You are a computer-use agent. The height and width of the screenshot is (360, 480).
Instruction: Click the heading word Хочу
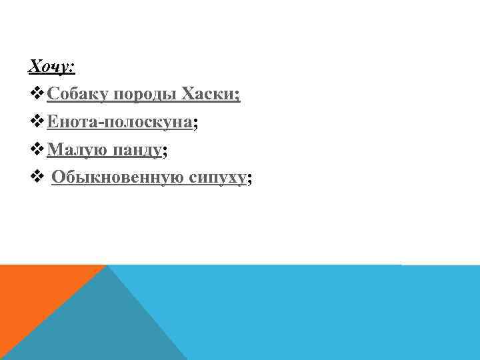[48, 66]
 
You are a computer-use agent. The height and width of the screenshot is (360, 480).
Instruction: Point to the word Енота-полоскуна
[119, 122]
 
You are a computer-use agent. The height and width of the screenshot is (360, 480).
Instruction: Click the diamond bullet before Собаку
[37, 95]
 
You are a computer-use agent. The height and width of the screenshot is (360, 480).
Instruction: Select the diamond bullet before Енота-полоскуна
[37, 123]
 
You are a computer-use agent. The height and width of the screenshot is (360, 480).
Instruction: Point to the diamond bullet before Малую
[37, 151]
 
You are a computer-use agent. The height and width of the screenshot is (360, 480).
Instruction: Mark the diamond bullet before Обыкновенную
[37, 179]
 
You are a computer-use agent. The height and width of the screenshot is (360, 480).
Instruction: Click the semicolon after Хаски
[237, 96]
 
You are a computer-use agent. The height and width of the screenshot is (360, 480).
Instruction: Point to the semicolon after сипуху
[249, 180]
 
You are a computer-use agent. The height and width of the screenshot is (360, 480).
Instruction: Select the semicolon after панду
[164, 152]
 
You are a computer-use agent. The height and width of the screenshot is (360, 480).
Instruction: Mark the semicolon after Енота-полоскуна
[196, 124]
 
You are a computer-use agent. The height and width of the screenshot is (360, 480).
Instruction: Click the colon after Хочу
[73, 67]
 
